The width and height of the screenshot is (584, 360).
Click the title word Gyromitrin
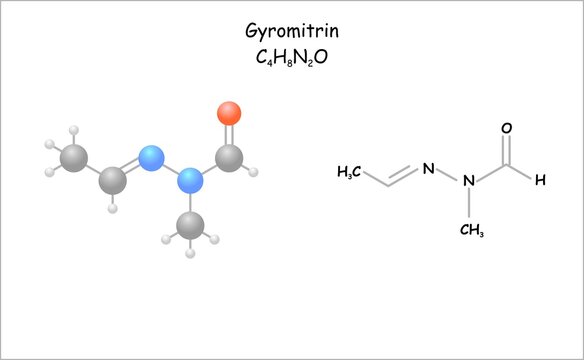point(291,31)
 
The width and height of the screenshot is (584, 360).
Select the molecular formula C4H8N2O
point(291,57)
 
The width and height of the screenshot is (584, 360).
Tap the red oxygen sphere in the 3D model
point(229,112)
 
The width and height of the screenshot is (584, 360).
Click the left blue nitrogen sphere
point(151,157)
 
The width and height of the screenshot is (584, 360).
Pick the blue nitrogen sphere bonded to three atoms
point(189,181)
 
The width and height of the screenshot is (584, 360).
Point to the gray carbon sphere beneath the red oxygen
point(228,157)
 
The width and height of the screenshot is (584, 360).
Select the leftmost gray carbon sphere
point(72,156)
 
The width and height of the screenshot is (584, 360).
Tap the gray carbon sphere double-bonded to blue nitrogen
point(113,181)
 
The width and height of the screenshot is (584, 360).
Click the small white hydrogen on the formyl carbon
point(254,172)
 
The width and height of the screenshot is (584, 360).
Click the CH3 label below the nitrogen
point(472,231)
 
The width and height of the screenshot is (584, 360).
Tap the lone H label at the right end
point(540,181)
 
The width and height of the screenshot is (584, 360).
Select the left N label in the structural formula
point(428,168)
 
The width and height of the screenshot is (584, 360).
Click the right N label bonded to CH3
point(472,181)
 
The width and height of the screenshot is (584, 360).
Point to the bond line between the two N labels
point(450,174)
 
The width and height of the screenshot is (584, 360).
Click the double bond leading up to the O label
point(507,150)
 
